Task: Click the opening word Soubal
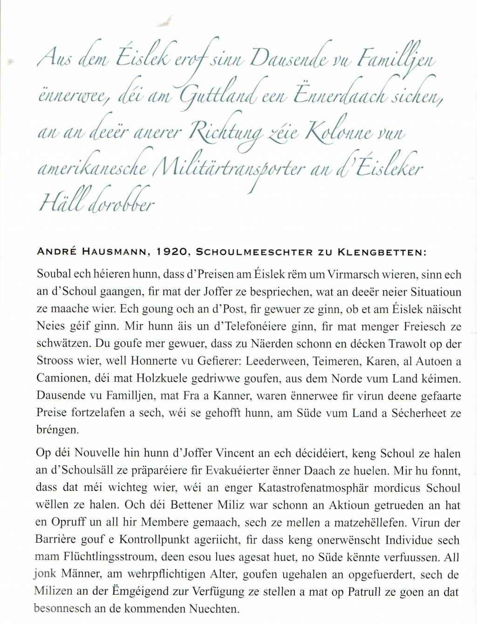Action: (52, 275)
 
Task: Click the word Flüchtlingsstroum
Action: (100, 558)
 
